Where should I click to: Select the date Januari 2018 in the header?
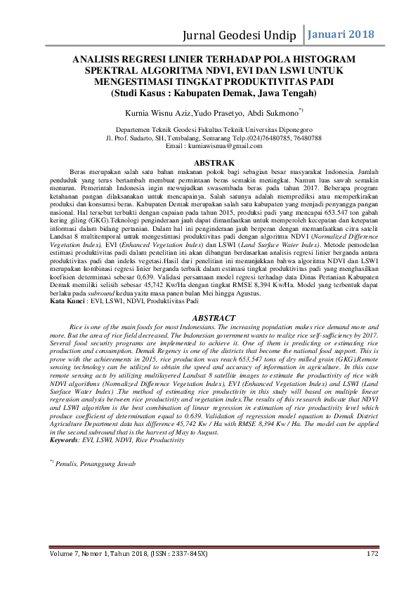(341, 34)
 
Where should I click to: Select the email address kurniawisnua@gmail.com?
(227, 146)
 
